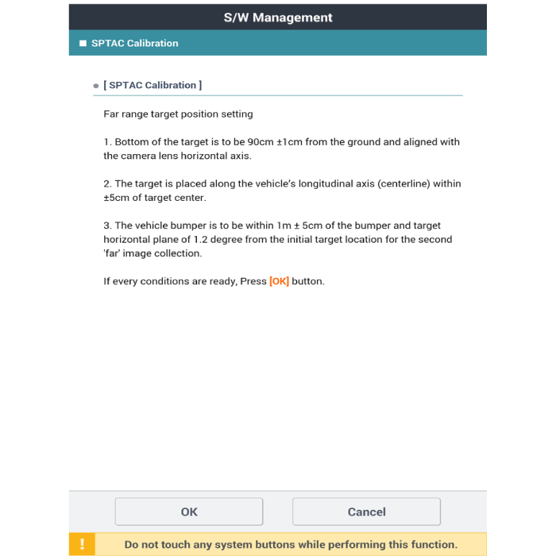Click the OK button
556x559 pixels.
click(x=189, y=512)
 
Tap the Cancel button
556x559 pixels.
click(x=366, y=512)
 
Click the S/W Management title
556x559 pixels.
click(x=278, y=17)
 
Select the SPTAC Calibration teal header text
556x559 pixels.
click(x=135, y=43)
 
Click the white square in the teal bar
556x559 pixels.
click(x=83, y=43)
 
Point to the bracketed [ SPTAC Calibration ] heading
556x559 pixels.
click(x=153, y=85)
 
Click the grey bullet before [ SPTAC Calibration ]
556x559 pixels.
click(x=96, y=86)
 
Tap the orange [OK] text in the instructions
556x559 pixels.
click(x=279, y=281)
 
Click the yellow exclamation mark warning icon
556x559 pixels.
click(x=82, y=545)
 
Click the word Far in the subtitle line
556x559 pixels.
click(x=112, y=114)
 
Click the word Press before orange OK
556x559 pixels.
click(x=253, y=281)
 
